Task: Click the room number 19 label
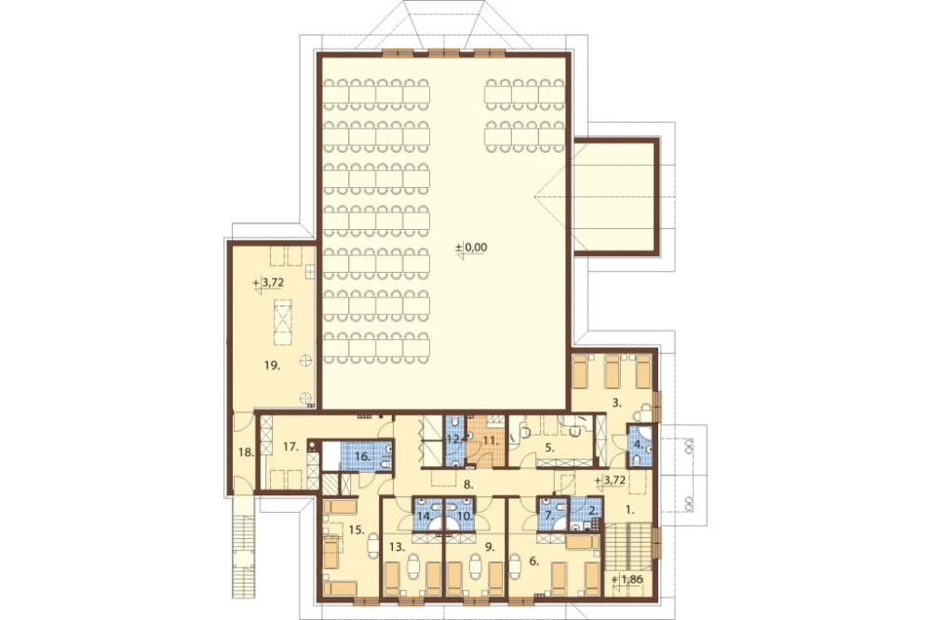pos(272,366)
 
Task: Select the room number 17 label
pos(290,447)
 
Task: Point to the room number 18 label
pos(245,452)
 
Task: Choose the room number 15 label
pos(357,530)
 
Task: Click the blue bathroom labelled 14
pos(427,512)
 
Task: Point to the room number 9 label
pos(490,547)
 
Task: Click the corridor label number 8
pos(468,484)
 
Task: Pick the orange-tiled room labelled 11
pos(486,440)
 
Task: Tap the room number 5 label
pos(550,448)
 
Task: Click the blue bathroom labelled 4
pos(641,447)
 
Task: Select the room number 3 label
pos(617,403)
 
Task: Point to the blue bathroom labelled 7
pos(551,513)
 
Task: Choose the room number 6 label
pos(533,560)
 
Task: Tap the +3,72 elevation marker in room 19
pos(268,283)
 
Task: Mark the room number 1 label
pos(630,509)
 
